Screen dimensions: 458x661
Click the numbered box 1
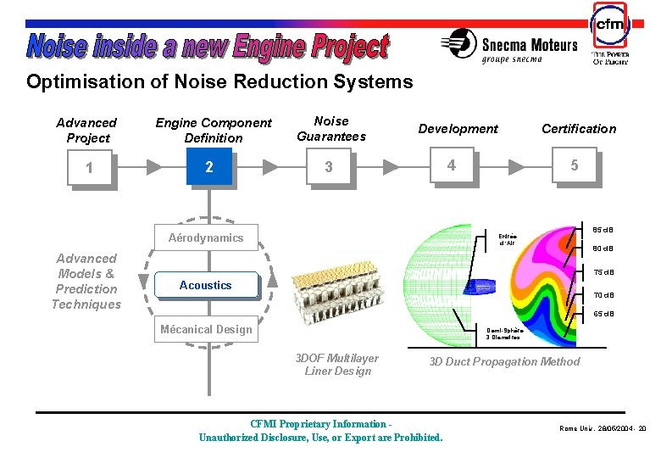click(89, 167)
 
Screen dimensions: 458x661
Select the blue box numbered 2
click(209, 166)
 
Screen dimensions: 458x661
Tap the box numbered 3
click(330, 167)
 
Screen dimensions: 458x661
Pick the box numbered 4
click(452, 165)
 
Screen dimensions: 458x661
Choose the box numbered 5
click(574, 165)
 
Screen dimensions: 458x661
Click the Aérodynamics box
click(205, 238)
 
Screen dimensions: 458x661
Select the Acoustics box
click(205, 285)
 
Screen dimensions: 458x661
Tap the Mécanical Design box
click(205, 329)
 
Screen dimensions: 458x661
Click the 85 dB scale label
click(603, 230)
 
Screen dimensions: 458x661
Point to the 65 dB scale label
click(603, 315)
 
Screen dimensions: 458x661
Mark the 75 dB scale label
click(603, 272)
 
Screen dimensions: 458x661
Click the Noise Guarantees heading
click(330, 129)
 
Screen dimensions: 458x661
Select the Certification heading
click(579, 129)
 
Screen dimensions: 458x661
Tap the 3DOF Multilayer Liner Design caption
click(336, 365)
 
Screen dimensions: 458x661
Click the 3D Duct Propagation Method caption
click(504, 361)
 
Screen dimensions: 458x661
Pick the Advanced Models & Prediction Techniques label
click(86, 281)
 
